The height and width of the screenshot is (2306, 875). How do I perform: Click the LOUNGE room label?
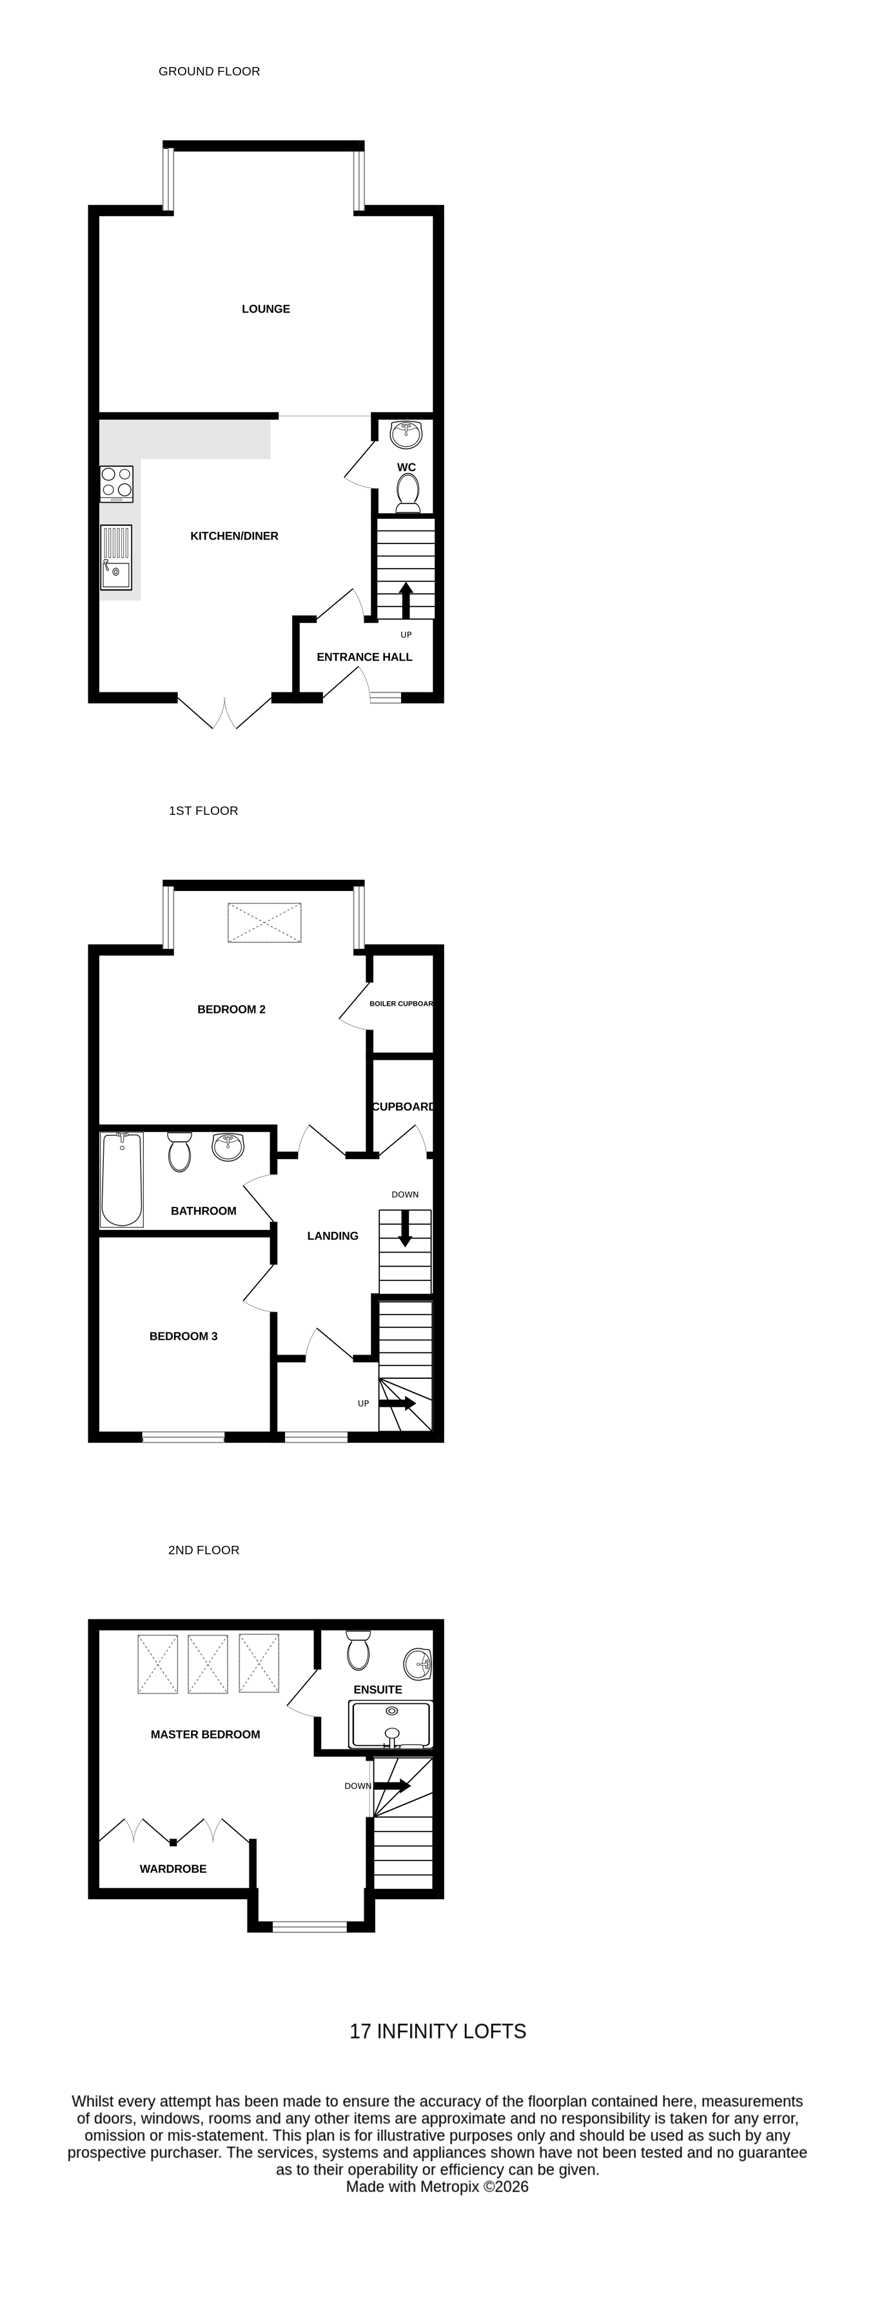tap(266, 309)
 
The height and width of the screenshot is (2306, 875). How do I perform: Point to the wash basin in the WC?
tap(406, 434)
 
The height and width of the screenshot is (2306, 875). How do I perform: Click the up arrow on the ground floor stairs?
tap(406, 599)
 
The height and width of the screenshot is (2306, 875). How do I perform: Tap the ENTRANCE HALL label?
tap(364, 657)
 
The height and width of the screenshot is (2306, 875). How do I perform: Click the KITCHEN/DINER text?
tap(235, 536)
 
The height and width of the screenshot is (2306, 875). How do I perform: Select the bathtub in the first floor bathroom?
tap(122, 1179)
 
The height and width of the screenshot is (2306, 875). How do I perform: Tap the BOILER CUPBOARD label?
tap(401, 1004)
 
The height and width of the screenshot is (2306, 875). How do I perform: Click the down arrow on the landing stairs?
tap(405, 1227)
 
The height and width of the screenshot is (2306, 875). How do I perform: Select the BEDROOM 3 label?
tap(184, 1336)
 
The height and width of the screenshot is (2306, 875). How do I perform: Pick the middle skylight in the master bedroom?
tap(208, 1663)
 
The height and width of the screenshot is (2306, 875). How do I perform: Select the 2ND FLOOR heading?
tap(204, 1550)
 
